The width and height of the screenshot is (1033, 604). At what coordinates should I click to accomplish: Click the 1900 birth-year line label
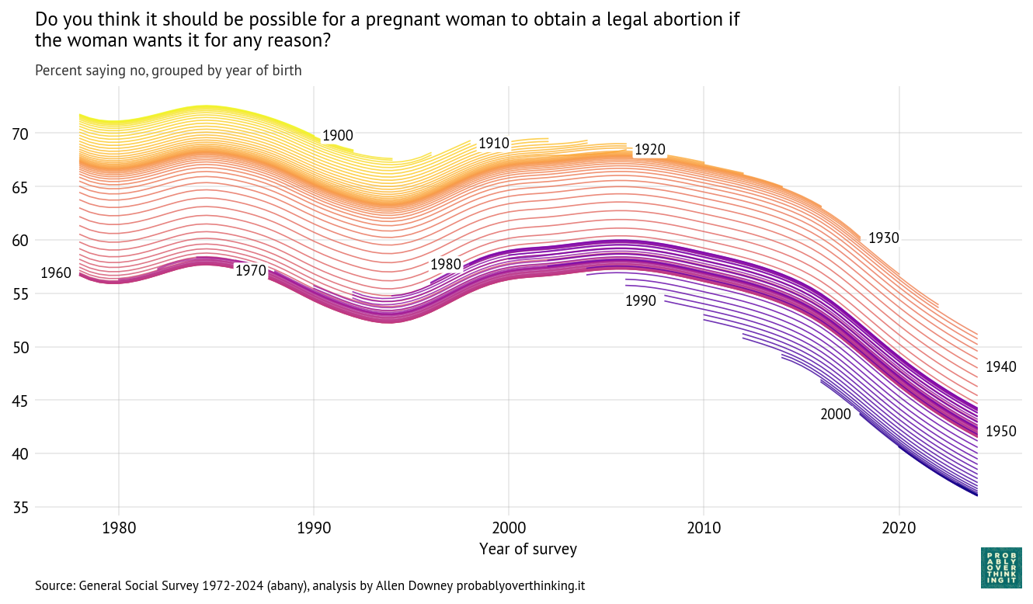[337, 136]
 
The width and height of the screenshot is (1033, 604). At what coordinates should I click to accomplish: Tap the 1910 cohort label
[493, 144]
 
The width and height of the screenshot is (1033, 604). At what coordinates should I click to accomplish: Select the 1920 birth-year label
[649, 150]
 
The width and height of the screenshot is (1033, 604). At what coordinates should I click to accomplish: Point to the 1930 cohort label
[883, 238]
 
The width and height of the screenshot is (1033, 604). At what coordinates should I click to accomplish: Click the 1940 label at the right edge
[1000, 367]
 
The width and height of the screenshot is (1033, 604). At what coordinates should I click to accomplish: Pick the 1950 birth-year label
[1000, 432]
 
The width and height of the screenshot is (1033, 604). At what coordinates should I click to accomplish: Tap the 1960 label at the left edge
[56, 273]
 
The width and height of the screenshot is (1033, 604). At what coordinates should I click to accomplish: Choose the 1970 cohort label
[251, 271]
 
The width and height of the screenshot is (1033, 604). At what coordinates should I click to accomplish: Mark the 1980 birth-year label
[446, 265]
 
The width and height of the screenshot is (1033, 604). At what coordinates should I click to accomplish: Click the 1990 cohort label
[641, 301]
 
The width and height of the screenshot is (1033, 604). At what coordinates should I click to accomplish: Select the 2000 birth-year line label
[836, 415]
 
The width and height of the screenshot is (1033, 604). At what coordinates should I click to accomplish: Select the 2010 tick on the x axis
[704, 529]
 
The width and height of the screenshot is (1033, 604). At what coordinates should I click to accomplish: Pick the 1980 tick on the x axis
[119, 529]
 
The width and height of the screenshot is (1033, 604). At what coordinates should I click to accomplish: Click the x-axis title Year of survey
[528, 550]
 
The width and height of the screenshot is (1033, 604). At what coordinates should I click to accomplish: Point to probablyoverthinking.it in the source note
[520, 585]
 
